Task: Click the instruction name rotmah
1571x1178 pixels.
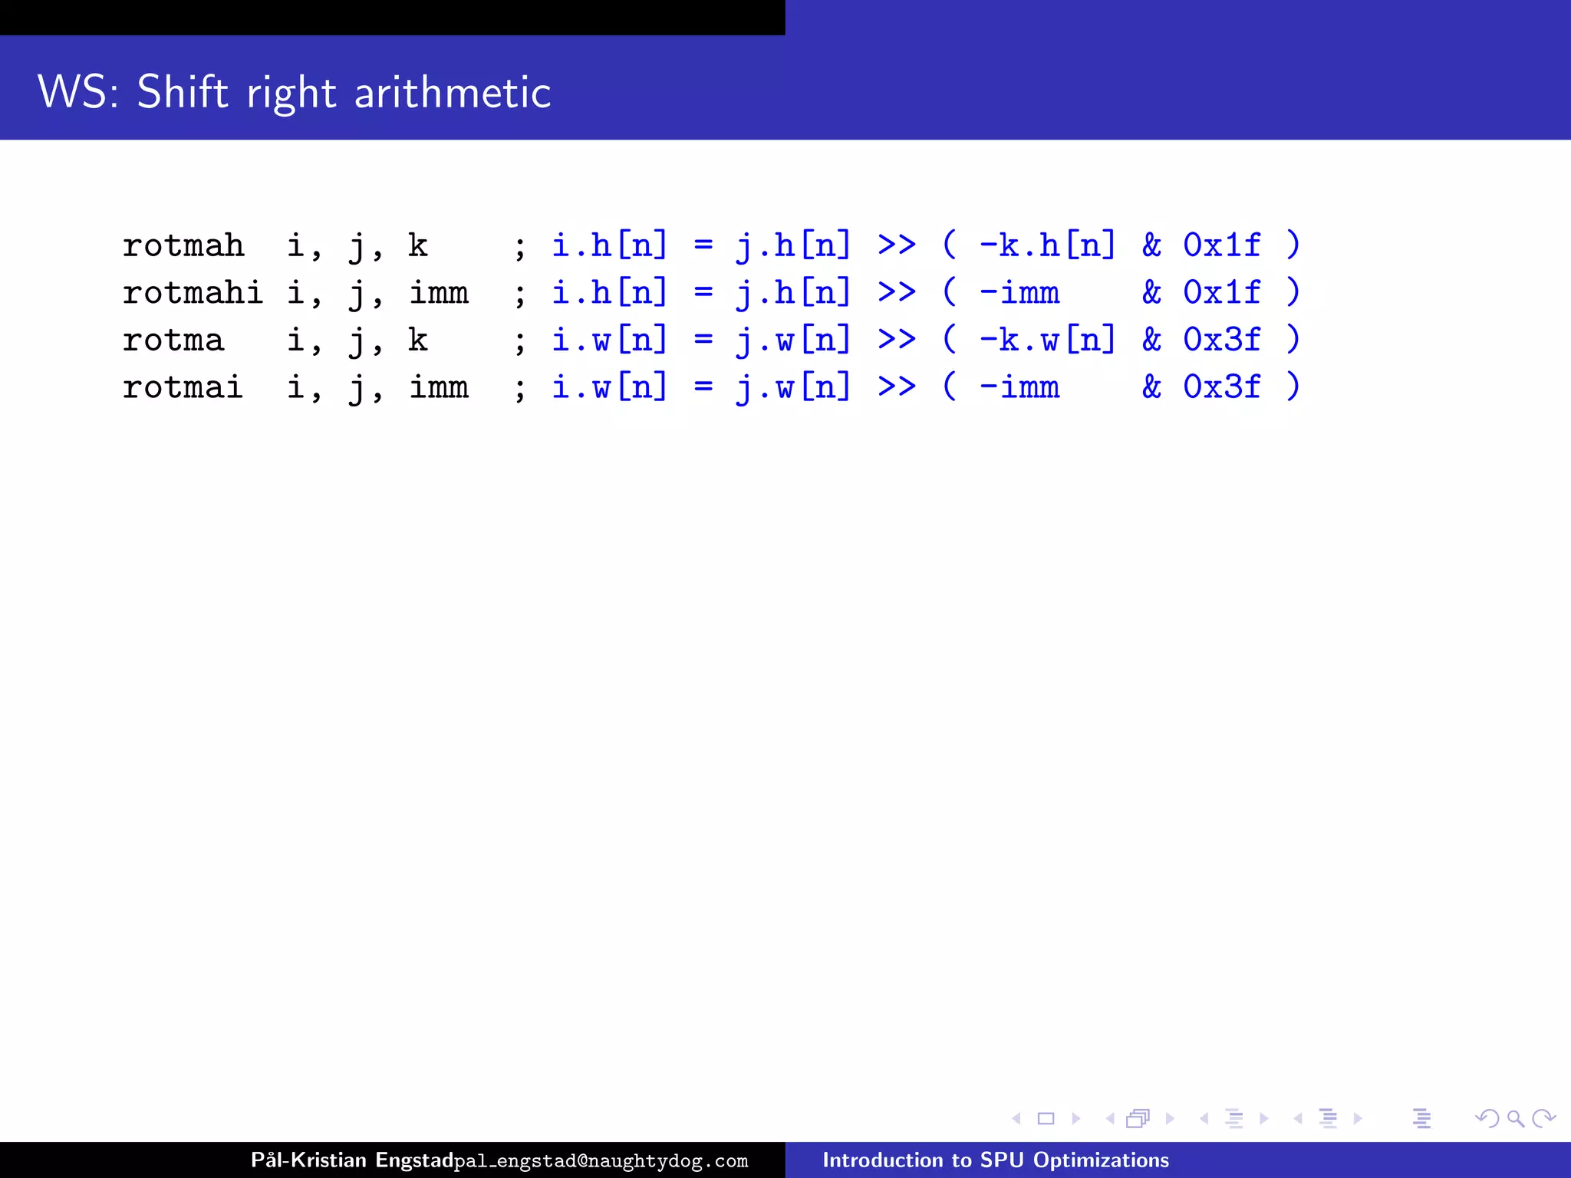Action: pos(183,246)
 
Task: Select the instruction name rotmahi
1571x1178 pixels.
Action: pos(193,293)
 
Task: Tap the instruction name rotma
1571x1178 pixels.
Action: pos(173,341)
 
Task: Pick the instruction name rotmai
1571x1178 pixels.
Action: pos(183,387)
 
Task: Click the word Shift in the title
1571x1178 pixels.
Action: pos(183,92)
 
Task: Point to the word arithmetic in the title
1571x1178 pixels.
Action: pos(453,92)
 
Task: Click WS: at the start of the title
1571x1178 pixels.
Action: pos(77,92)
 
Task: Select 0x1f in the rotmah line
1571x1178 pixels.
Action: pos(1221,246)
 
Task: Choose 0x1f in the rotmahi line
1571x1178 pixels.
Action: pos(1221,293)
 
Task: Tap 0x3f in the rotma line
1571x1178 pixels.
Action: pos(1221,341)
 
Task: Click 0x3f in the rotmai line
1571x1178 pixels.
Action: pos(1221,387)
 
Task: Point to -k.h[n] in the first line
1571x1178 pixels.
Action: pos(1047,246)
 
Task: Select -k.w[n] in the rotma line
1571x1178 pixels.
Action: pos(1047,341)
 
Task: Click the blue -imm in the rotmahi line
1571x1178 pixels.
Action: pos(1019,293)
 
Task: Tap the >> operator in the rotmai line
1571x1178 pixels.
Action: pos(897,387)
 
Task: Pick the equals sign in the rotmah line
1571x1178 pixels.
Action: pos(703,246)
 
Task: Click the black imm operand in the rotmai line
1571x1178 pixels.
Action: pos(439,387)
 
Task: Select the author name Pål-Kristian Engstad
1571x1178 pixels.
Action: pos(352,1160)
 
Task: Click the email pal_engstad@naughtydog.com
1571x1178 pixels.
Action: pos(601,1161)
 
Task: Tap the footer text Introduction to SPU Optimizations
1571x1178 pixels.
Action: pos(996,1160)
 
